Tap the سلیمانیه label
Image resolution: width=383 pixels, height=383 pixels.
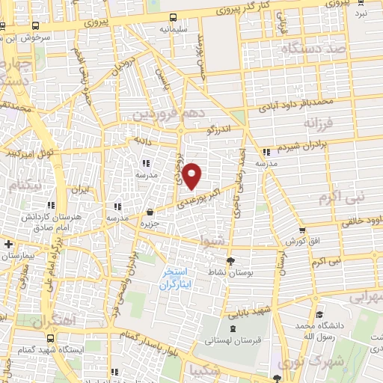pos(173,29)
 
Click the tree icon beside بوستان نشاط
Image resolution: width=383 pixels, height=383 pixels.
pos(230,262)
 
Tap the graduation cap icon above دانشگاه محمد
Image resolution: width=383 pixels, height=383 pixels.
pos(319,315)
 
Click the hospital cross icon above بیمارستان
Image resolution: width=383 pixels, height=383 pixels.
pos(7,245)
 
